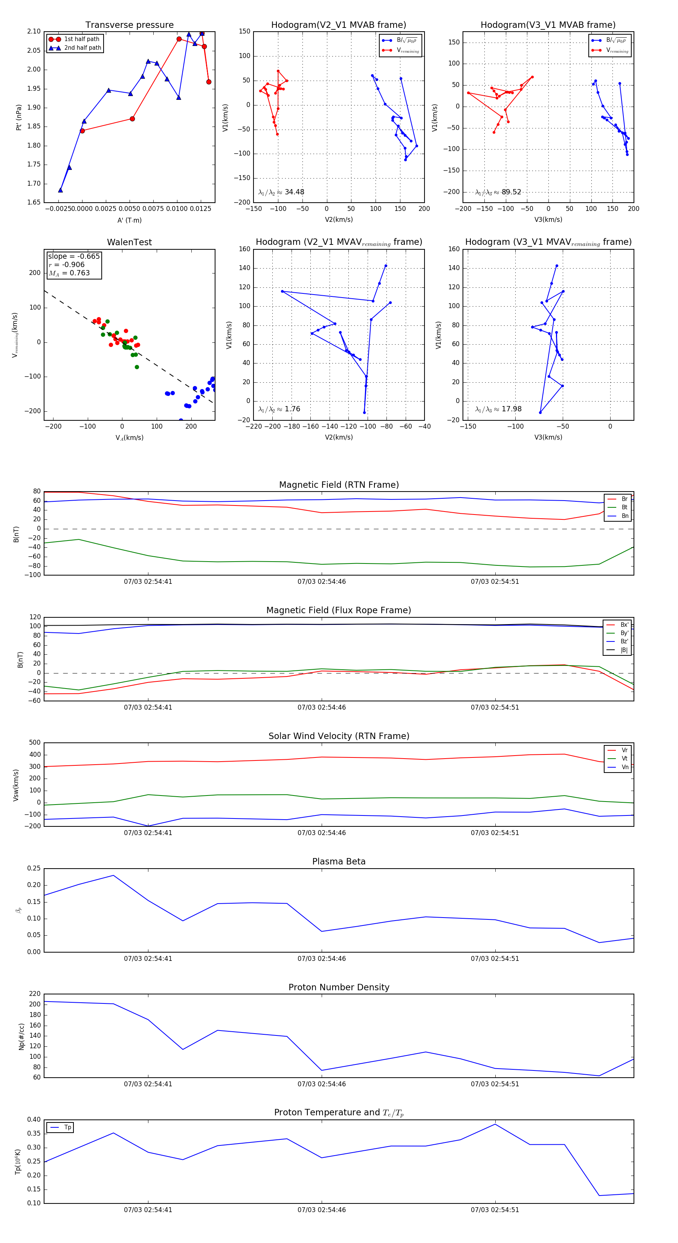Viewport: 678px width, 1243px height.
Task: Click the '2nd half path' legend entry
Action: (x=82, y=48)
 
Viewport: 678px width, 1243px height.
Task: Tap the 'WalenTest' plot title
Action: (x=129, y=242)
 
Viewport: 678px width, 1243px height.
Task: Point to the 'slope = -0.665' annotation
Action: (x=74, y=256)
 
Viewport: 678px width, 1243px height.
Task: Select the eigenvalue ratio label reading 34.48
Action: (x=281, y=192)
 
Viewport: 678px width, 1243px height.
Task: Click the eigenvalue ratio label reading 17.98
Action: (x=498, y=409)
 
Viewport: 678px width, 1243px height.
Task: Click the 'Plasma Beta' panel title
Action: (x=339, y=862)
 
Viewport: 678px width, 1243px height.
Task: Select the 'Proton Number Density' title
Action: (x=339, y=987)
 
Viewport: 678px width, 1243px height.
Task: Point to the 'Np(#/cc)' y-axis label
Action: (x=21, y=1036)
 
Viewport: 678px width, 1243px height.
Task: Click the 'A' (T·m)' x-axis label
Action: (x=129, y=220)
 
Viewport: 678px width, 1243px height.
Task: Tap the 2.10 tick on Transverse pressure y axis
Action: (x=34, y=31)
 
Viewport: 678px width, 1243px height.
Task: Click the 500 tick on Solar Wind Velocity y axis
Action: (x=35, y=743)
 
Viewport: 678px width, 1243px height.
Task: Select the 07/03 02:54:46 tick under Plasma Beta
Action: (x=321, y=959)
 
